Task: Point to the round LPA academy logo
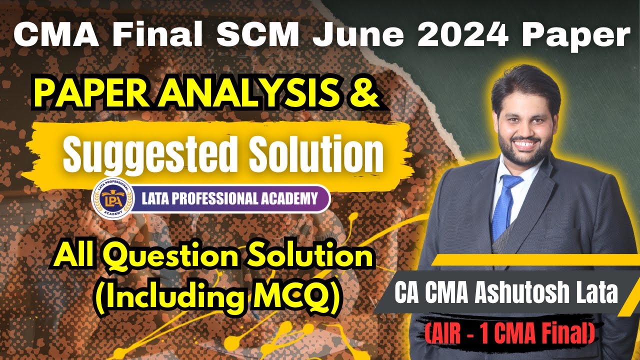point(111,198)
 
